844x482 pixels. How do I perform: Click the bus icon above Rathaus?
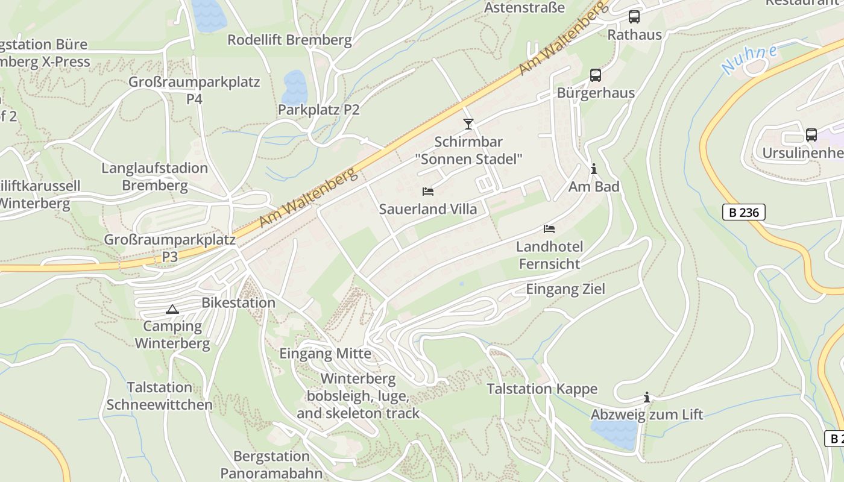tap(634, 17)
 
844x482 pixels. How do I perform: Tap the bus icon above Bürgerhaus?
tap(596, 75)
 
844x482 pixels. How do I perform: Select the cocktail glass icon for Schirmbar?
tap(468, 124)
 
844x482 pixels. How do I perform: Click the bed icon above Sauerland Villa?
tap(428, 192)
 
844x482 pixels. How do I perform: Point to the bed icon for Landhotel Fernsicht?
tap(549, 229)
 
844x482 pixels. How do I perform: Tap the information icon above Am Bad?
tap(594, 169)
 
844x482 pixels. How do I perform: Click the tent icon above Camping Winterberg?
tap(172, 310)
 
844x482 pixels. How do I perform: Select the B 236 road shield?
tap(744, 212)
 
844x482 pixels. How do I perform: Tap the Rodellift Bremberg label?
tap(289, 40)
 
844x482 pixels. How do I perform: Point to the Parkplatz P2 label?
tap(318, 110)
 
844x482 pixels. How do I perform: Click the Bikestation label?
tap(239, 302)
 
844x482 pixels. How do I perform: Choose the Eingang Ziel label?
tap(565, 289)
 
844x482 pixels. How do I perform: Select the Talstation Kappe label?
tap(542, 389)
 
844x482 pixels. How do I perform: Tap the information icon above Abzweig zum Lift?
tap(647, 398)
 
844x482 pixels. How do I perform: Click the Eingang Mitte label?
tap(326, 354)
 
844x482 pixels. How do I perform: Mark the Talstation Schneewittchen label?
tap(160, 396)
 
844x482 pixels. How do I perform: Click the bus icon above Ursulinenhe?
tap(811, 135)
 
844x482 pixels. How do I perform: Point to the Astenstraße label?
tap(524, 8)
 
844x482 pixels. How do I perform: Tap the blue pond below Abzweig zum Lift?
tap(614, 434)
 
